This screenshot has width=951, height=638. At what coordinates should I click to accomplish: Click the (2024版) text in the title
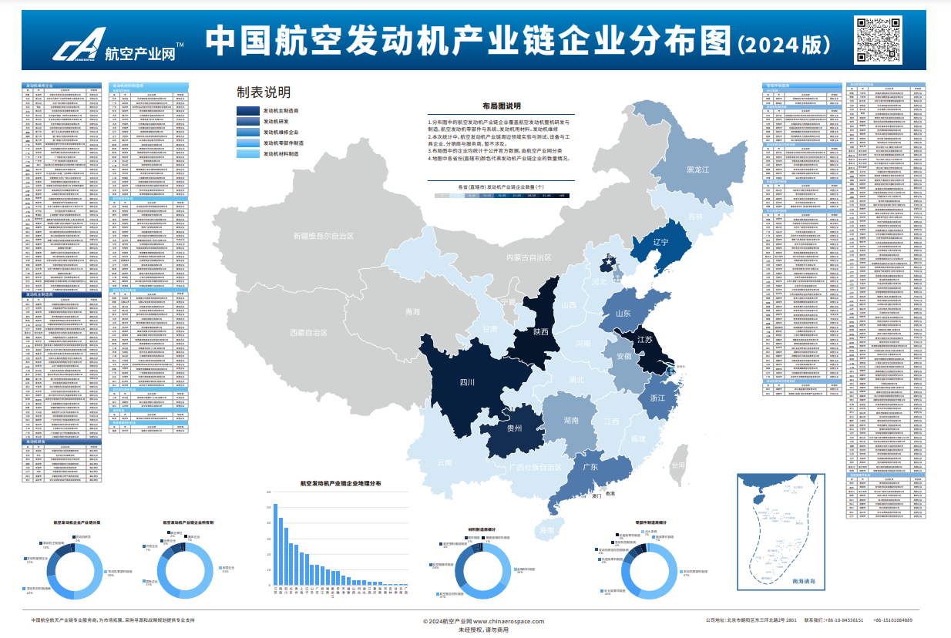point(783,43)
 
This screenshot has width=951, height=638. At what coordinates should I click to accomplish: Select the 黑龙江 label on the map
point(697,170)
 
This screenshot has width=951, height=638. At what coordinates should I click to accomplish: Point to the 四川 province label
point(468,382)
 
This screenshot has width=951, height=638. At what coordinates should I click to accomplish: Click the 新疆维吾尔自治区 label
point(323,236)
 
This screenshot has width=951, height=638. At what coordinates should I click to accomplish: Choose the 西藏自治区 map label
point(308,333)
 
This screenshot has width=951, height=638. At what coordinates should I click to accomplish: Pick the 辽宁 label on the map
point(660,242)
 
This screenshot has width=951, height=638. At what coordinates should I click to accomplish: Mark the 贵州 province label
point(514,428)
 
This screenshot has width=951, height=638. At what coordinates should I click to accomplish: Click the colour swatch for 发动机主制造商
point(248,111)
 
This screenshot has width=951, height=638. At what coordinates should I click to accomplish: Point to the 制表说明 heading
point(264,93)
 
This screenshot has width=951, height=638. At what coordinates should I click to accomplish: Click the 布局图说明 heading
point(501,106)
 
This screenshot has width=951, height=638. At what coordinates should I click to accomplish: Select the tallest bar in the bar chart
point(275,544)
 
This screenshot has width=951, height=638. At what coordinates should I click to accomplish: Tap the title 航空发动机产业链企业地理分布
point(340,484)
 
